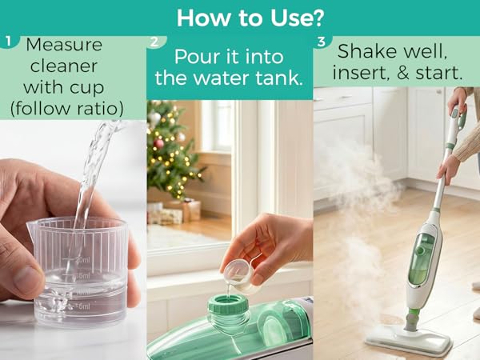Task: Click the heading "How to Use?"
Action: click(239, 17)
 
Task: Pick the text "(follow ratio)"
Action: click(67, 106)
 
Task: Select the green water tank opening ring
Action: click(229, 308)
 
